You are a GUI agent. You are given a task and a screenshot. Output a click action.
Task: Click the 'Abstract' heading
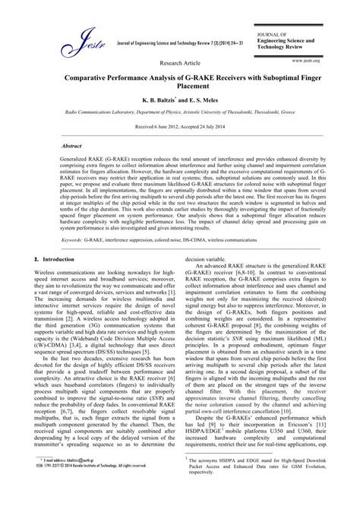pyautogui.click(x=71, y=144)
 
